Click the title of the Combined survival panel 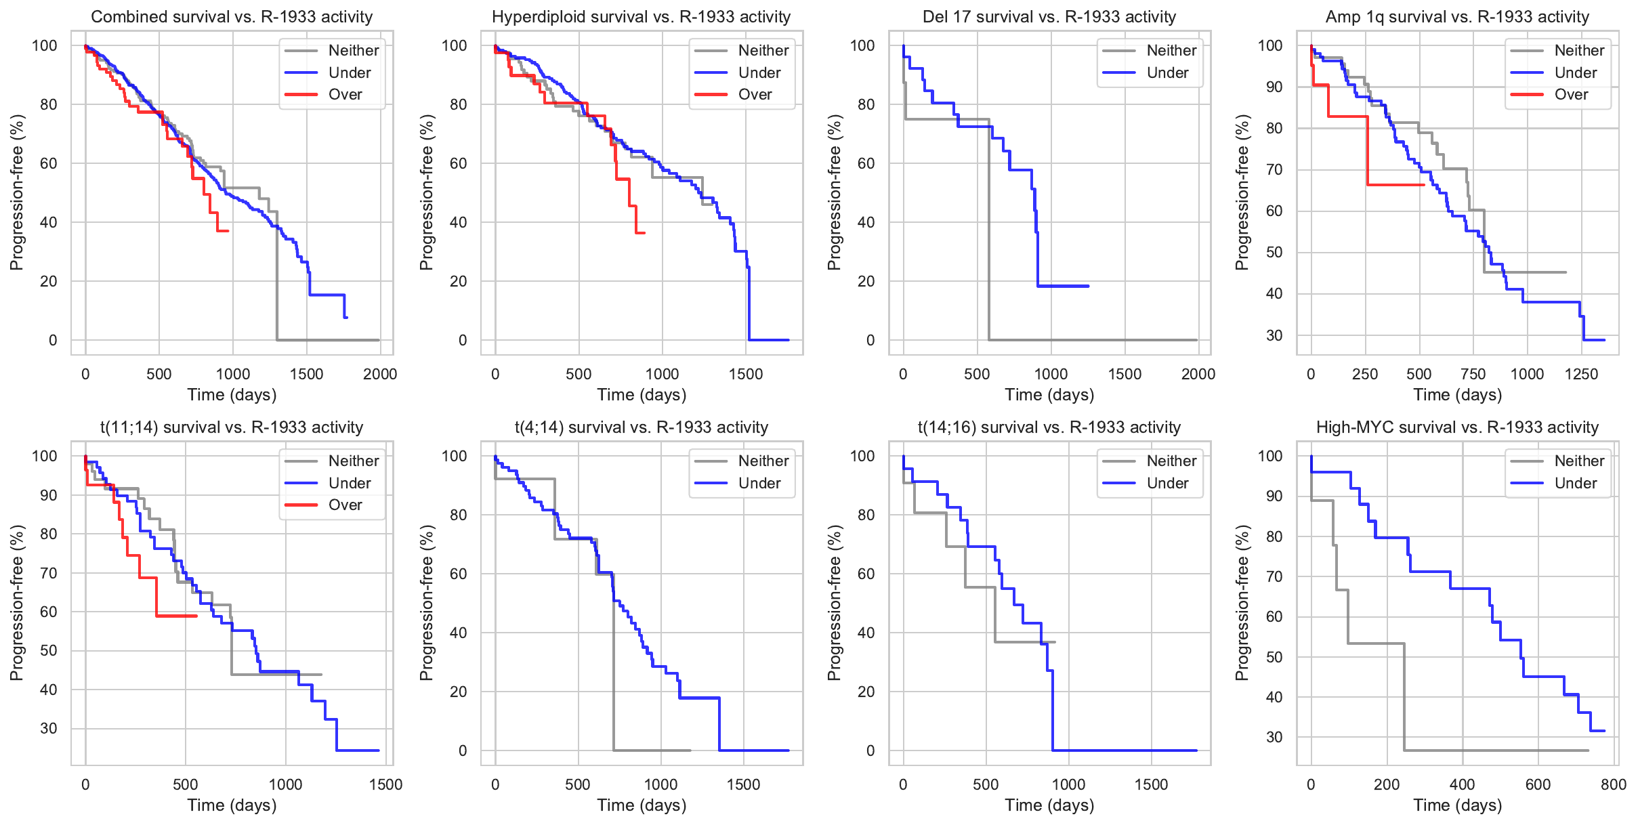click(232, 17)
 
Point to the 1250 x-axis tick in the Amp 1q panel click(1581, 375)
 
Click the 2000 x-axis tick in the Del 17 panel click(1198, 375)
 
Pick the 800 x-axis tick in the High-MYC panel click(1613, 785)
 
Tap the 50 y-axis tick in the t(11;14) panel click(49, 651)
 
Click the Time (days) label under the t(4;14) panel click(642, 805)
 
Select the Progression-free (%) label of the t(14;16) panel click(834, 603)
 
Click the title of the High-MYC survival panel click(1457, 427)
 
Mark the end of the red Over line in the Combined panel click(228, 231)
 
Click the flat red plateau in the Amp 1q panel click(1395, 185)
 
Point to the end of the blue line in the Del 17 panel click(1088, 286)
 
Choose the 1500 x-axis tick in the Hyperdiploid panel click(746, 375)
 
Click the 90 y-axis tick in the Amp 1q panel click(1274, 87)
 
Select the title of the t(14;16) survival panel click(1049, 427)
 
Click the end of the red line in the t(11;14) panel click(196, 616)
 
